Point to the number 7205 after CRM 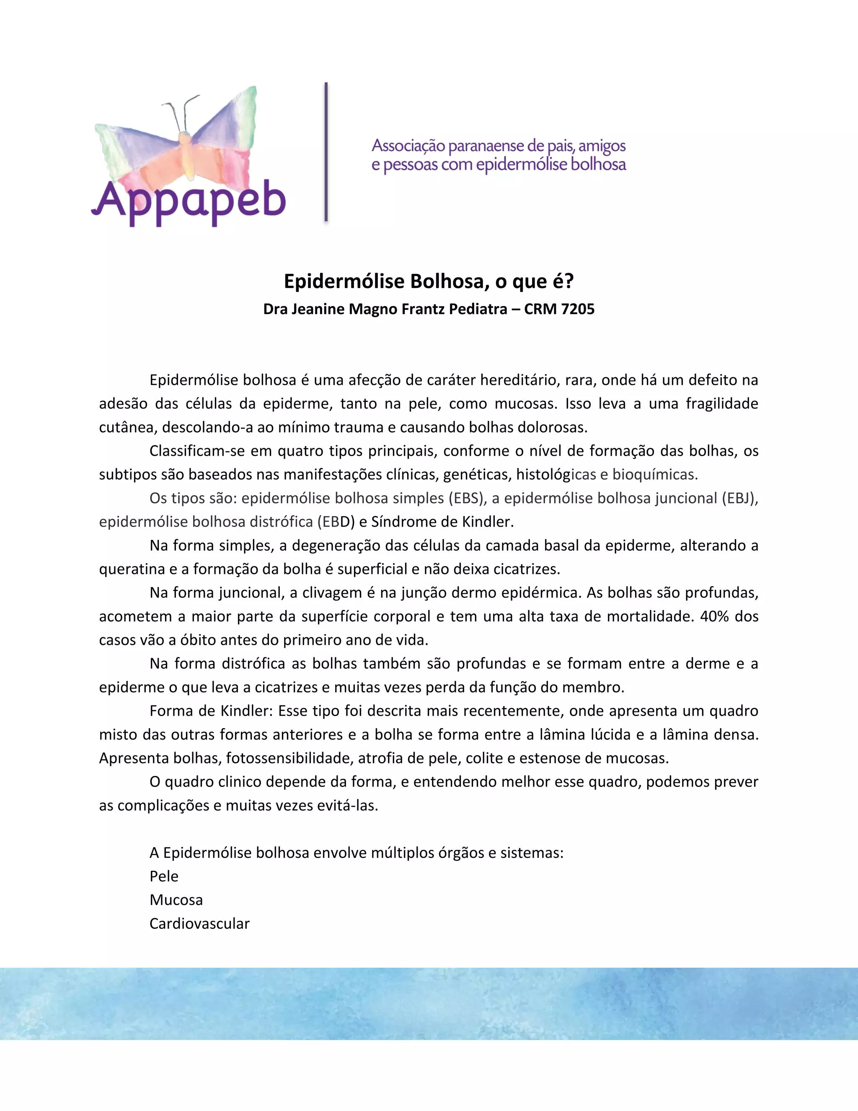[x=577, y=309]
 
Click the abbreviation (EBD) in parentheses [x=336, y=522]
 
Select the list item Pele [x=164, y=877]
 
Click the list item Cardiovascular [x=199, y=924]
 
